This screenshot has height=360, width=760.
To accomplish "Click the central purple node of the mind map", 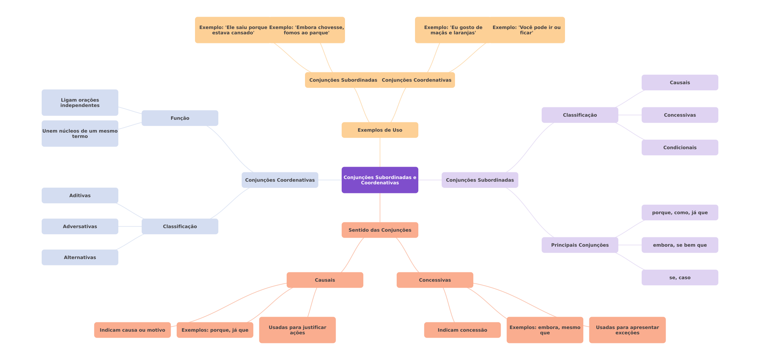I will pos(380,180).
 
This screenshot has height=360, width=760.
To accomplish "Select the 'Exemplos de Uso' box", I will pos(380,130).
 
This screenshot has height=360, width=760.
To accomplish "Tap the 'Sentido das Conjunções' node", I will pos(380,230).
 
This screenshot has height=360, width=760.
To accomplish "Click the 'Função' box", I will pos(180,118).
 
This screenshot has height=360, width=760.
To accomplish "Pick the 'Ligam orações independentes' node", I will pos(80,103).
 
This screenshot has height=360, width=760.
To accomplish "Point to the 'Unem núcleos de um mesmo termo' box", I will pos(80,134).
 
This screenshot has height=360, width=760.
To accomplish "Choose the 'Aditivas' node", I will pos(80,195).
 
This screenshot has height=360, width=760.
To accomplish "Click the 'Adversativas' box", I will pos(80,226).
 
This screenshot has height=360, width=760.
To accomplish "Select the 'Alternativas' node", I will pos(80,257).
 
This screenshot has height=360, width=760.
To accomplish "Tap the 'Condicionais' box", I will pos(680,147).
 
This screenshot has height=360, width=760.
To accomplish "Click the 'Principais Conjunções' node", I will pos(580,245).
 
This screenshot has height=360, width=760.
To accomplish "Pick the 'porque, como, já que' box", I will pos(680,212).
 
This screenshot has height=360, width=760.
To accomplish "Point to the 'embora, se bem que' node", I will pos(680,245).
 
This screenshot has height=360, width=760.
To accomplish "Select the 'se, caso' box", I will pos(680,277).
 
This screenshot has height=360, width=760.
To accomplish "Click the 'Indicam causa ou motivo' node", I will pos(132,330).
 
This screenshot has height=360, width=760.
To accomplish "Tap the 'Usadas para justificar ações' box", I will pos(297,330).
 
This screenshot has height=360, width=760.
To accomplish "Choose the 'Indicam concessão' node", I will pos(462,330).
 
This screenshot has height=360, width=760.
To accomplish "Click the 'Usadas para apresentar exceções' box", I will pos(627,330).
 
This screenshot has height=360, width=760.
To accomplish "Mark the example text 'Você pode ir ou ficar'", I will pos(526,30).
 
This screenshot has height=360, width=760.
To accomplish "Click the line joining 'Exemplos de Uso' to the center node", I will pos(380,152).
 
